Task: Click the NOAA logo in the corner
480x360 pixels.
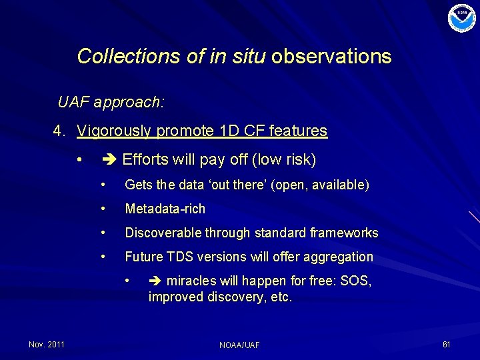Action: [462, 18]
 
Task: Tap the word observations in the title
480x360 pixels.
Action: [331, 56]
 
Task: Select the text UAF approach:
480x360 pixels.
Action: [111, 103]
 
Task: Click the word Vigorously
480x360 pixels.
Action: [114, 131]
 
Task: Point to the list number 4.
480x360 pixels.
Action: [59, 131]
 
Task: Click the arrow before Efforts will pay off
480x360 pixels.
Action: [109, 160]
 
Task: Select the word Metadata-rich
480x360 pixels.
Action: [165, 209]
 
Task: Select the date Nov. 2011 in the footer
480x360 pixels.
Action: [47, 344]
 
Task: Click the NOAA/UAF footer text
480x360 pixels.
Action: [239, 345]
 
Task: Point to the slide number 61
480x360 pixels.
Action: [446, 344]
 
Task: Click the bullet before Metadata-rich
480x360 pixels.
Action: [103, 209]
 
